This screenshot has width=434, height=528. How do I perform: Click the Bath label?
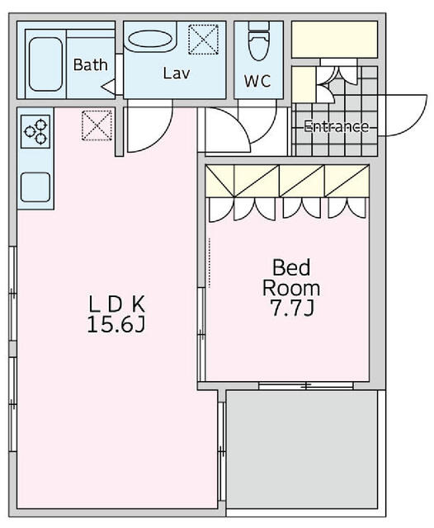[90, 65]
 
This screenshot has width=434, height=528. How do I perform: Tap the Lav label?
[177, 73]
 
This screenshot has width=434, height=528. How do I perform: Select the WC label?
[257, 81]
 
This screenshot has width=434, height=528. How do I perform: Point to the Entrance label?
[336, 126]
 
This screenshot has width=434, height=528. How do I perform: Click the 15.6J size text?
[116, 325]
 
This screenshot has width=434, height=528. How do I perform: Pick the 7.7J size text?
[292, 308]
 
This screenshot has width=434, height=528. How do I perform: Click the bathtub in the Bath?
[45, 64]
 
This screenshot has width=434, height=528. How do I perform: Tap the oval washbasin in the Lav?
[150, 40]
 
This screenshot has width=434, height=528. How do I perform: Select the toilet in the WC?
[258, 41]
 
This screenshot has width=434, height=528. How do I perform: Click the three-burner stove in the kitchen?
[35, 131]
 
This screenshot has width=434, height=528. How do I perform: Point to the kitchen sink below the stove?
[35, 187]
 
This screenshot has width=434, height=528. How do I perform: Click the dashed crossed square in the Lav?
[203, 40]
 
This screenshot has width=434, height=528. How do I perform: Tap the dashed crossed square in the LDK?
[97, 125]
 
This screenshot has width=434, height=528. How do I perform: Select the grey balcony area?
[302, 449]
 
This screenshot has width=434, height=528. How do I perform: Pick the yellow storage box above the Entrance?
[334, 40]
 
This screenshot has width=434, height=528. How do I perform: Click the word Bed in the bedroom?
[291, 267]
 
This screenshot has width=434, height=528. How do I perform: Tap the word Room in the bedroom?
[291, 288]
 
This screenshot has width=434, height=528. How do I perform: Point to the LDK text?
[116, 304]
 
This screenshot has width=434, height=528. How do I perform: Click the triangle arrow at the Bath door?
[108, 87]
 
